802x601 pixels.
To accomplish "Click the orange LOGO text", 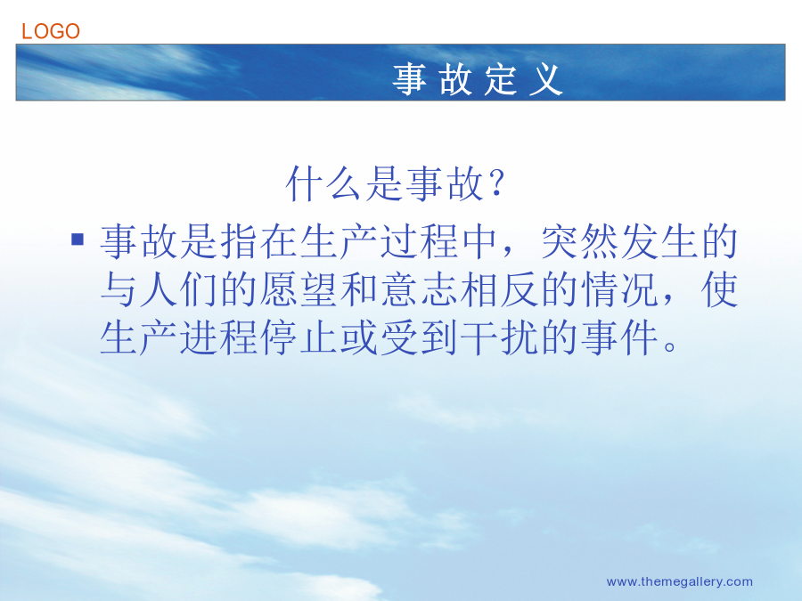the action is (x=51, y=31).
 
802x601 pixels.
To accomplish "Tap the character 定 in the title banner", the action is (x=501, y=79).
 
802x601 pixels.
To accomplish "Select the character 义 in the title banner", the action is (x=546, y=79).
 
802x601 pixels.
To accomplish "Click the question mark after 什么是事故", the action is (x=496, y=183).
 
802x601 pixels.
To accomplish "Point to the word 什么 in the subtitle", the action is (x=325, y=183).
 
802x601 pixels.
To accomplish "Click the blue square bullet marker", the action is (x=78, y=240).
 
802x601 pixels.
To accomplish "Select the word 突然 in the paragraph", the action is (x=580, y=241).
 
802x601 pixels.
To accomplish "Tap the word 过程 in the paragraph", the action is (x=420, y=241).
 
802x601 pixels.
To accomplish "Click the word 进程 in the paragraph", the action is (x=219, y=337).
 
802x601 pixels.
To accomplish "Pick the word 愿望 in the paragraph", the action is (x=299, y=289).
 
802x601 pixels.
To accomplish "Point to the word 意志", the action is (x=420, y=289).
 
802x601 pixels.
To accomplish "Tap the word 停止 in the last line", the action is (x=299, y=337).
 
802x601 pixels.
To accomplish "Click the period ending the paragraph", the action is (x=669, y=346).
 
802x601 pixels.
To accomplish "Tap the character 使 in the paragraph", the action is (x=721, y=289).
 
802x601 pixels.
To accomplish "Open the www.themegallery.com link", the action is (x=679, y=581).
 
